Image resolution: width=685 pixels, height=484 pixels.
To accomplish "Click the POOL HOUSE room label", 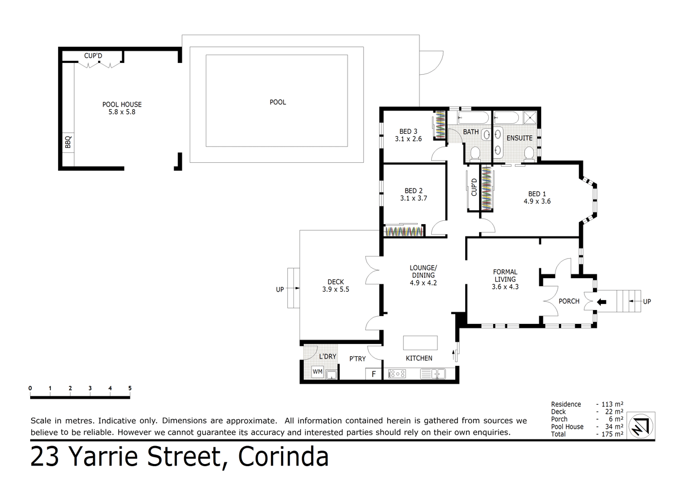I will click(122, 104).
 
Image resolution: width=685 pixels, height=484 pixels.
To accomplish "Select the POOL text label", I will click(278, 102).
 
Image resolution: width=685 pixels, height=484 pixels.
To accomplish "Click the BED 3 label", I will click(408, 132).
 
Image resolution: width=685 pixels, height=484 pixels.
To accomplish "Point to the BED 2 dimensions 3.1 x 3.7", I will click(413, 198).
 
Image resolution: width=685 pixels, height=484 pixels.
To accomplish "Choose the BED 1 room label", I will click(537, 194).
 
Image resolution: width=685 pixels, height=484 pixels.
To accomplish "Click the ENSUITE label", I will click(519, 138).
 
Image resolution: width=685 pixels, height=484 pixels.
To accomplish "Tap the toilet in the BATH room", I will click(475, 153).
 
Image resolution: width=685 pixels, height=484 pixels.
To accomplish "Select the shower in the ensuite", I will click(533, 118).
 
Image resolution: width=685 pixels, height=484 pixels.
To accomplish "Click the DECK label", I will click(335, 282).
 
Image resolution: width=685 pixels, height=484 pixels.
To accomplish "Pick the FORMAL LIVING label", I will click(505, 275).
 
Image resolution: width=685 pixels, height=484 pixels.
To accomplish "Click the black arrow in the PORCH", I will click(601, 302).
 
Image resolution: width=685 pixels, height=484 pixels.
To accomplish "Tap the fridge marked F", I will click(373, 374).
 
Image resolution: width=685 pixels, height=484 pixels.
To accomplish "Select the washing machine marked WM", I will click(317, 372).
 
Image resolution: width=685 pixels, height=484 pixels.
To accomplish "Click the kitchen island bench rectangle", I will click(420, 342).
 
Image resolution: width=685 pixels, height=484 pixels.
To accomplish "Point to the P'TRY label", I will click(357, 359).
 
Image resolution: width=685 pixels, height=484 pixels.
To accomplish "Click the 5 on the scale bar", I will click(130, 388).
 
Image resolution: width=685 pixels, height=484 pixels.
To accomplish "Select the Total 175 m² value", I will click(610, 434).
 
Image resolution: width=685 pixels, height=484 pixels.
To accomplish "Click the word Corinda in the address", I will click(283, 457).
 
